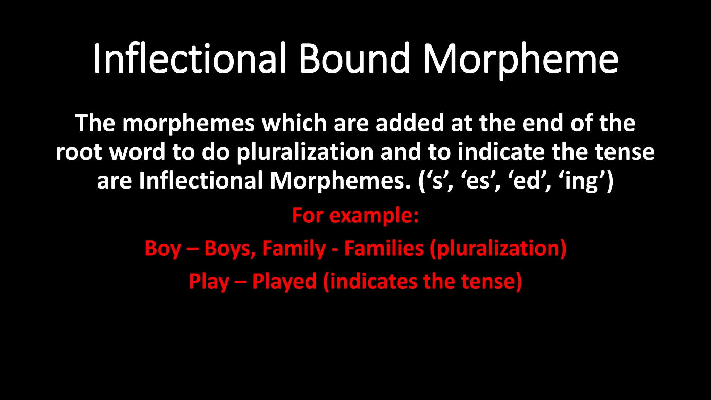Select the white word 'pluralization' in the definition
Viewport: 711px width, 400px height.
tap(305, 153)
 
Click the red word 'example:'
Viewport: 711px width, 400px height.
tap(374, 216)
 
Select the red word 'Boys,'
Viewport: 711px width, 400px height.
tap(230, 249)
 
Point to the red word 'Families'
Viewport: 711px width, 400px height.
tap(384, 249)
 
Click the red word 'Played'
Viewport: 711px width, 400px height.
tap(284, 281)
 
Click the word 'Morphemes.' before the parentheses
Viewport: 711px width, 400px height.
tap(341, 181)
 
